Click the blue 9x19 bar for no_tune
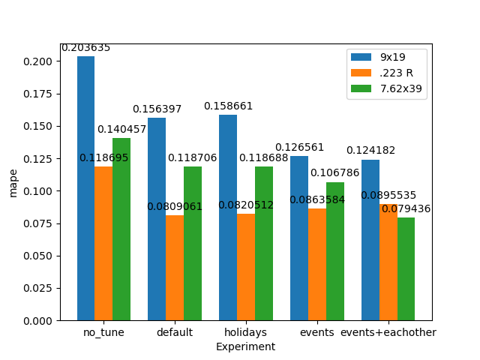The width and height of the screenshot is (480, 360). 85,188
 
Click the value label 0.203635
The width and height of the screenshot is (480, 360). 85,48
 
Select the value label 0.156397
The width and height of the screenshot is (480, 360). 157,109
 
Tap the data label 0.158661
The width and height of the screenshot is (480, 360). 228,106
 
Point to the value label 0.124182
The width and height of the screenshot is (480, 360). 370,151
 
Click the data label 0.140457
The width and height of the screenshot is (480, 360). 121,130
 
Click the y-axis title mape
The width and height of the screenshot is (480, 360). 13,183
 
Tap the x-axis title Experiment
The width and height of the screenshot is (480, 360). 245,347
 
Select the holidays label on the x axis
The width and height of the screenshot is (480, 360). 245,332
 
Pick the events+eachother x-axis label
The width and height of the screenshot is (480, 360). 388,332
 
